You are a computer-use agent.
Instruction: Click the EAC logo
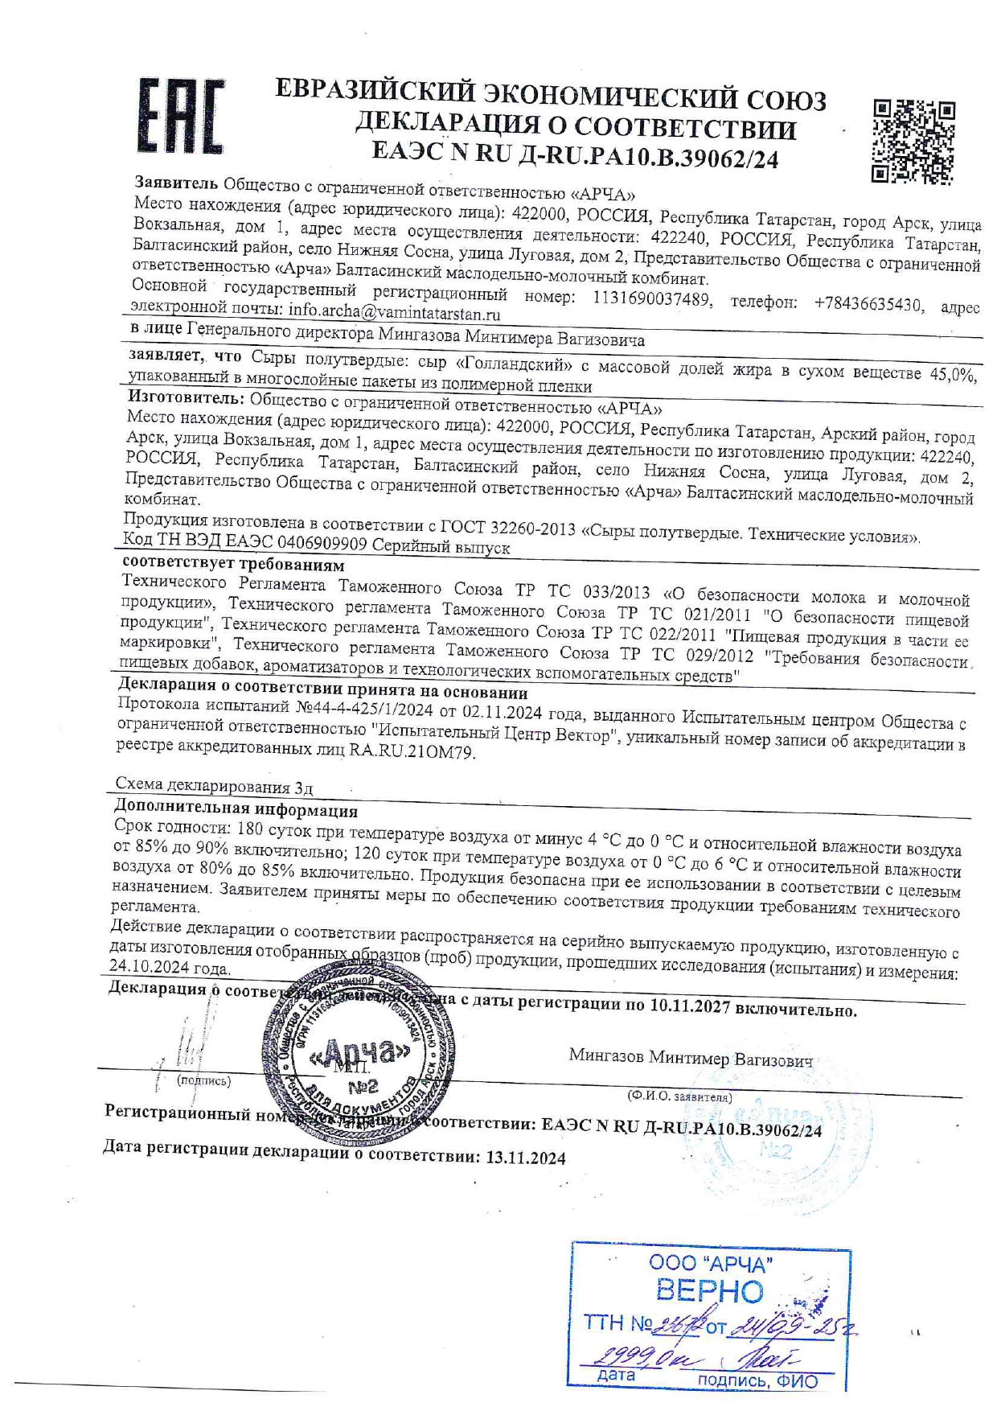click(181, 117)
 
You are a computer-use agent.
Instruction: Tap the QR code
click(914, 142)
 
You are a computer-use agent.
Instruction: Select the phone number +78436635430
click(868, 304)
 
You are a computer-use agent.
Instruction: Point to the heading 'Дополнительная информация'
click(236, 809)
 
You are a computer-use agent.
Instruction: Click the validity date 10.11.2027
click(689, 1006)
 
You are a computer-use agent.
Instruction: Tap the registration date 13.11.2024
click(525, 1158)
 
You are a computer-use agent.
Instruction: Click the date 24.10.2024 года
click(170, 968)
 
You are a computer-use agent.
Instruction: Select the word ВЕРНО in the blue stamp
click(709, 1291)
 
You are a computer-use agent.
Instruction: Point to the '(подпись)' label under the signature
click(203, 1080)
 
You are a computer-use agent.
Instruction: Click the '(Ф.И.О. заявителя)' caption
click(679, 1096)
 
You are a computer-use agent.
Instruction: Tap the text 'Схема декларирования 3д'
click(214, 785)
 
